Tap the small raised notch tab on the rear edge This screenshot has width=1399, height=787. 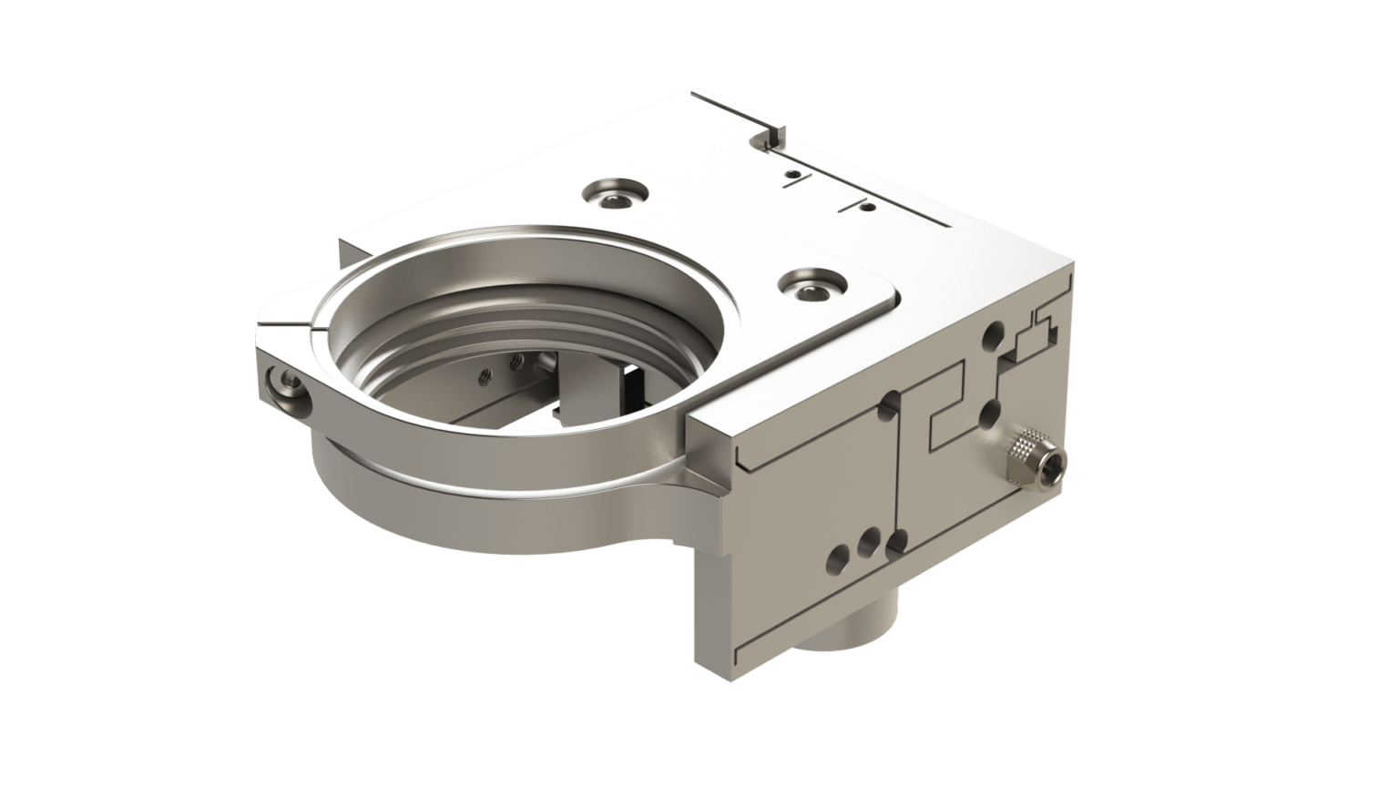(x=769, y=136)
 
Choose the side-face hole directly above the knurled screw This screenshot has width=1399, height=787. (x=987, y=415)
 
